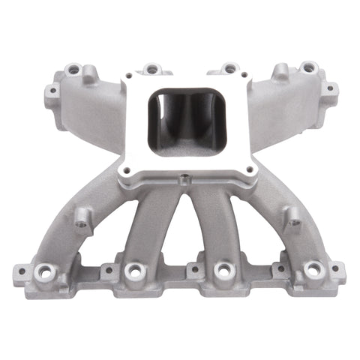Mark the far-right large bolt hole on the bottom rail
pyautogui.click(x=313, y=271)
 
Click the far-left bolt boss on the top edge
pyautogui.click(x=73, y=69)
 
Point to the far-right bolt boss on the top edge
pyautogui.click(x=307, y=67)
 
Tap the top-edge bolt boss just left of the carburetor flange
pyautogui.click(x=152, y=69)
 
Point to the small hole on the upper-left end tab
pyautogui.click(x=52, y=92)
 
